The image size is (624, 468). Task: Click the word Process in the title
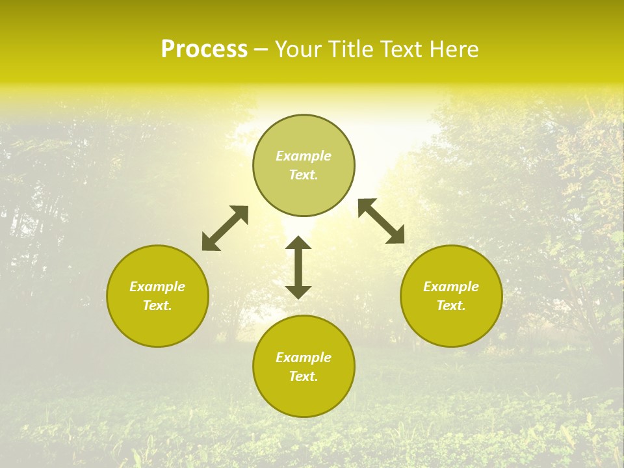click(x=204, y=49)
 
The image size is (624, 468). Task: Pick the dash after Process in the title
click(x=261, y=50)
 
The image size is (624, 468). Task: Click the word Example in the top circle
click(x=304, y=156)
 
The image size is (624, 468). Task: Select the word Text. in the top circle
click(x=304, y=175)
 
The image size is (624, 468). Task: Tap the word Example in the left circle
click(x=157, y=287)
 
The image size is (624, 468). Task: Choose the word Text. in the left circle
click(x=157, y=305)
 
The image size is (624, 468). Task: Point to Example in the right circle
click(x=451, y=287)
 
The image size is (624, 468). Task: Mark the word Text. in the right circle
click(x=451, y=305)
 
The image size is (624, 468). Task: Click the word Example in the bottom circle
click(x=304, y=357)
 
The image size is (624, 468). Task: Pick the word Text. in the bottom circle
click(x=304, y=376)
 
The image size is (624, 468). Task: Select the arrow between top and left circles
click(x=225, y=228)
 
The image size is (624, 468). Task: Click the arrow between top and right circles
click(x=382, y=221)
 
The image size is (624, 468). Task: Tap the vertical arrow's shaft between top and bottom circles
click(x=298, y=267)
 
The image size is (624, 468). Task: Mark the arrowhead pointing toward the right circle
click(x=396, y=235)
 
